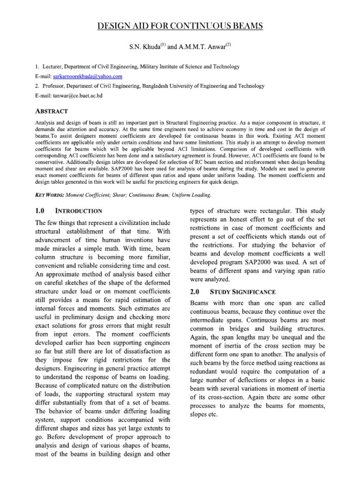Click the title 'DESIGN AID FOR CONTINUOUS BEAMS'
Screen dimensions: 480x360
[180, 26]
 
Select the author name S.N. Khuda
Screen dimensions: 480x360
[143, 47]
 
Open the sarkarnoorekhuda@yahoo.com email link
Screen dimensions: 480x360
[84, 76]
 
